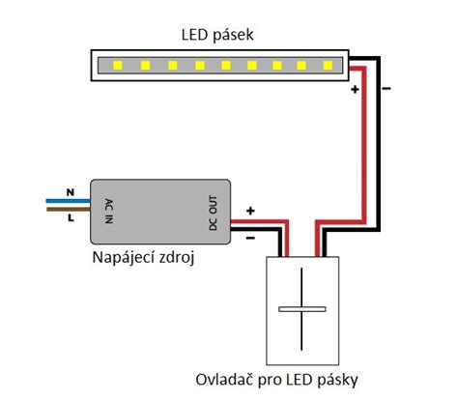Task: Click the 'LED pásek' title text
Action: coord(217,36)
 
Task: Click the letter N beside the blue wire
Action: coord(70,191)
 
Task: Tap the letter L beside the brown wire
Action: coord(71,219)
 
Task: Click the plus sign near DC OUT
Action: coord(250,210)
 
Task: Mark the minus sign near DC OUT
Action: coord(250,236)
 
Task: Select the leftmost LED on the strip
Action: coord(117,67)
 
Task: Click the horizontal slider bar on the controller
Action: coord(303,309)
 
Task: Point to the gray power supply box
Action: coord(159,212)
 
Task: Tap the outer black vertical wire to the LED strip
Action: coord(379,145)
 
